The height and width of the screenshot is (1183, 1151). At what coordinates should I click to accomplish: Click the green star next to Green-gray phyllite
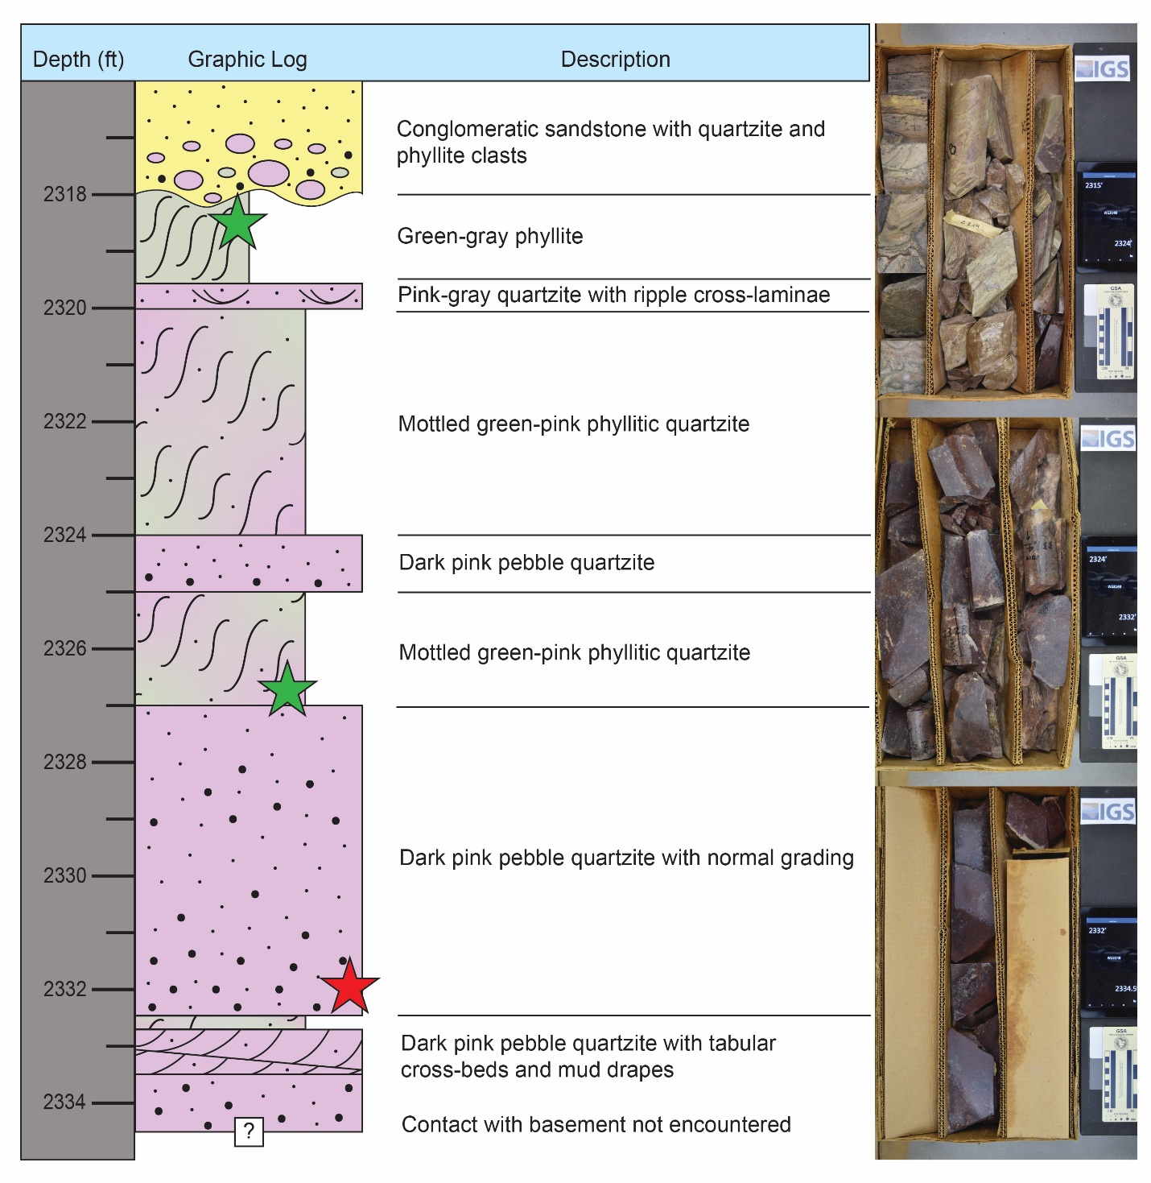coord(238,222)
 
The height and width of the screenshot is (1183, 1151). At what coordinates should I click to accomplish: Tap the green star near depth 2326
coord(287,690)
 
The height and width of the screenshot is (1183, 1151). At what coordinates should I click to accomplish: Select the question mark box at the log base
coord(249,1131)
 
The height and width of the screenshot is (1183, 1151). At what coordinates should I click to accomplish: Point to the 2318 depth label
coord(65,194)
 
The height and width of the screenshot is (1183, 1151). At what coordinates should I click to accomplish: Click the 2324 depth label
coord(65,535)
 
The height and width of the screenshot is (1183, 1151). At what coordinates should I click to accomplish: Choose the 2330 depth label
coord(65,875)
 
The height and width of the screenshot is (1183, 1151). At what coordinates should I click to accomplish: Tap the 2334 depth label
coord(65,1102)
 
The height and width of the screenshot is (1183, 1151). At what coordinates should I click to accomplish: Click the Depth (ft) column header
coord(78,60)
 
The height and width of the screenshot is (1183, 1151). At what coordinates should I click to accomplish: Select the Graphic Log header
coord(247,60)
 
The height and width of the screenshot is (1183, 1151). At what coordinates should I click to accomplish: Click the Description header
coord(615,60)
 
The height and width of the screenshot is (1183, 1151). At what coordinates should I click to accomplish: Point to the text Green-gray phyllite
coord(490,236)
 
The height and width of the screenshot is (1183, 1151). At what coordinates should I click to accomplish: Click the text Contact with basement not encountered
coord(596,1124)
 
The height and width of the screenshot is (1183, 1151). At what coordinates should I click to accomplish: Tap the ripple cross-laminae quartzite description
coord(613,295)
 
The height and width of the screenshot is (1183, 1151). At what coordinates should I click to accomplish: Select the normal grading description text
coord(626,858)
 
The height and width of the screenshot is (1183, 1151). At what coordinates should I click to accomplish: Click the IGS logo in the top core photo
coord(1104,69)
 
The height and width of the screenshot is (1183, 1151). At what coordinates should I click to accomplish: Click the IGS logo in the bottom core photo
coord(1108,812)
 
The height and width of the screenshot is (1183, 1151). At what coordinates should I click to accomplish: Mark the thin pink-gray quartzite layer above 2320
coord(249,296)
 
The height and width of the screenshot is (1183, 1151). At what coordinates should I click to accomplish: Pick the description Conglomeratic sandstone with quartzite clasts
coord(610,142)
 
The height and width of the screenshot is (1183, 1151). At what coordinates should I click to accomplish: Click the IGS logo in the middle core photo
coord(1108,439)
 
